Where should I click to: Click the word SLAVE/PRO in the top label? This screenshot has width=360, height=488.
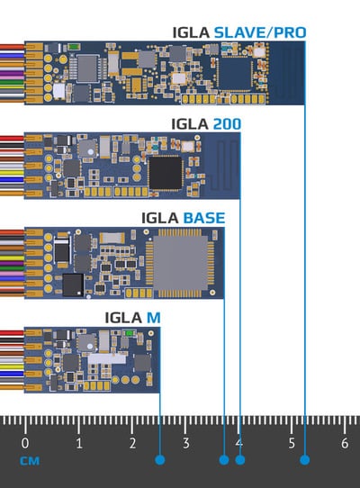(x=260, y=32)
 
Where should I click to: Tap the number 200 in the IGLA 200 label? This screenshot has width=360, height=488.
(x=227, y=124)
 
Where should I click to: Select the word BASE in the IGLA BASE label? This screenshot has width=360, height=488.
(x=204, y=218)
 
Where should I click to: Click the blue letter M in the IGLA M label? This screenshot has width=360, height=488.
(x=153, y=318)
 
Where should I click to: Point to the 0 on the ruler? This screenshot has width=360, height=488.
(x=25, y=443)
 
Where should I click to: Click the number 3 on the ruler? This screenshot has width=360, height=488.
(x=185, y=443)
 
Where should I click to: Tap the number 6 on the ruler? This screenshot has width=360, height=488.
(x=345, y=443)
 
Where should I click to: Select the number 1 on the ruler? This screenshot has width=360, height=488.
(x=79, y=443)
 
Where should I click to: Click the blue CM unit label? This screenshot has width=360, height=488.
(x=30, y=461)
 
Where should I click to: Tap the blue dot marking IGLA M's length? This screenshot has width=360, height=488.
(x=160, y=460)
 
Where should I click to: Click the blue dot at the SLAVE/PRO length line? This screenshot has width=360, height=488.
(x=304, y=460)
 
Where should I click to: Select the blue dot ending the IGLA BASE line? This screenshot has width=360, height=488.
(x=224, y=460)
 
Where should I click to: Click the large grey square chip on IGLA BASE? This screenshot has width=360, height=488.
(x=181, y=263)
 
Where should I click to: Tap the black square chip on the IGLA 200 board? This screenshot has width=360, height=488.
(x=166, y=173)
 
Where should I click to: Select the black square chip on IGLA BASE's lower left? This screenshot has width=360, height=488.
(x=73, y=285)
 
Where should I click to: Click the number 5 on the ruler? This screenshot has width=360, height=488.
(x=292, y=443)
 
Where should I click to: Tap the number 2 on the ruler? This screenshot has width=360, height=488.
(x=132, y=443)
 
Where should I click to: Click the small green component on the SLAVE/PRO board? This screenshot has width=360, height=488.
(x=75, y=47)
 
